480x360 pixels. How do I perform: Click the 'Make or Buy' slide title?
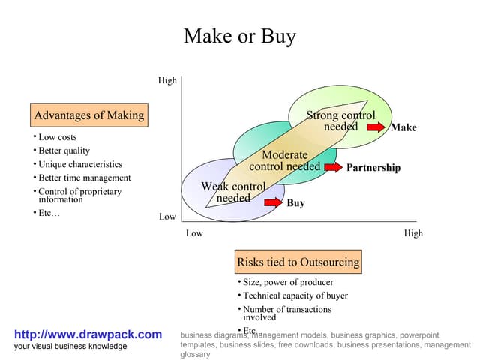(240, 37)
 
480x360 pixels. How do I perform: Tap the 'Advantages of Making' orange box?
(89, 115)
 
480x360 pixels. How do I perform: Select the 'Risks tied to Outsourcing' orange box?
(298, 262)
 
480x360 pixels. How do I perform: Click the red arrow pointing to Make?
(376, 127)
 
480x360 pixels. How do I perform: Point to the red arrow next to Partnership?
(333, 167)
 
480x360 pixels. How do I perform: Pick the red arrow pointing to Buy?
(273, 202)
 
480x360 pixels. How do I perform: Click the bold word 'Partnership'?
(373, 168)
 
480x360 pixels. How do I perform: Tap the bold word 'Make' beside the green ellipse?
(403, 127)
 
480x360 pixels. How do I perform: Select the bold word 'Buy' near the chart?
(295, 203)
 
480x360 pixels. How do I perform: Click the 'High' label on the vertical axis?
(167, 80)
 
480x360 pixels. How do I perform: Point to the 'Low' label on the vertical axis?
(167, 217)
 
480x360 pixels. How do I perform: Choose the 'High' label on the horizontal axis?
(413, 233)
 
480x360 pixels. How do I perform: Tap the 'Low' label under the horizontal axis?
(194, 233)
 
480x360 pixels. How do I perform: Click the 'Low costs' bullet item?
(57, 137)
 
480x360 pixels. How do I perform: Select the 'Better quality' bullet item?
(64, 151)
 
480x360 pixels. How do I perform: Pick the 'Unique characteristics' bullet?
(80, 164)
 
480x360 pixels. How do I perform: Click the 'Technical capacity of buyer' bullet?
(295, 295)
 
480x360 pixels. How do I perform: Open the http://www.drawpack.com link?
(88, 334)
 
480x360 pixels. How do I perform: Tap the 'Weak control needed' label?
(233, 192)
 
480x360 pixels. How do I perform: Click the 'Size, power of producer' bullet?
(288, 282)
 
